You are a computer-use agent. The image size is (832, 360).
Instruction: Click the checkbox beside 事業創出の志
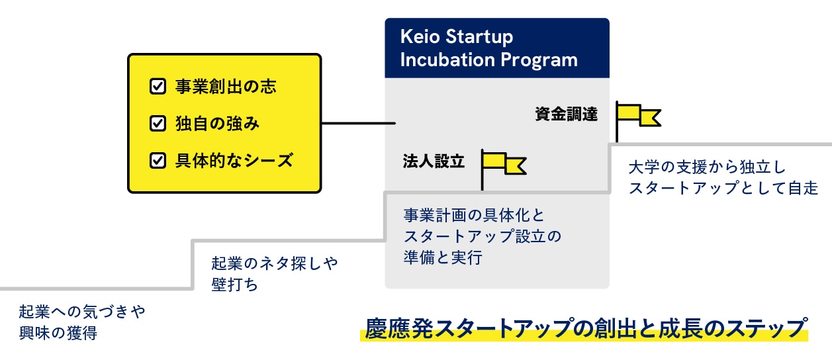158,86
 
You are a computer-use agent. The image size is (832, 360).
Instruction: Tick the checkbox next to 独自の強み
158,123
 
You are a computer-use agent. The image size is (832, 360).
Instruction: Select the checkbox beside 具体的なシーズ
158,160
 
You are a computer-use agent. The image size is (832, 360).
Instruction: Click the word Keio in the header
419,37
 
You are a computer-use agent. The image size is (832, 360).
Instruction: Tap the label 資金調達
566,114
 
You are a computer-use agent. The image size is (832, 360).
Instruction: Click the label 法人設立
434,161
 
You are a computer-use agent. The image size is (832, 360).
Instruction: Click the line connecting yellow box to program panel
358,123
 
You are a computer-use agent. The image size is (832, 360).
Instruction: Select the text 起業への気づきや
81,311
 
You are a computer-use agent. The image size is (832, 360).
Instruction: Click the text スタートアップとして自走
723,188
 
